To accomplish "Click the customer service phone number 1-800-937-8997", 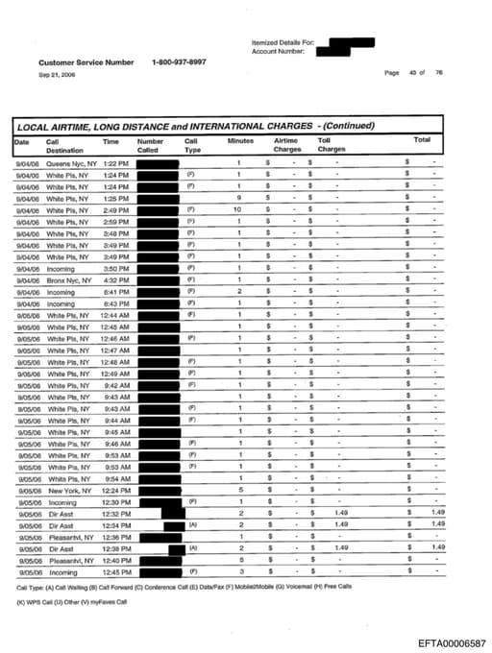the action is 178,62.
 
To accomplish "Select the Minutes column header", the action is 240,141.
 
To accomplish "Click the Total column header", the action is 422,141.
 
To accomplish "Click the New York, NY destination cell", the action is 67,490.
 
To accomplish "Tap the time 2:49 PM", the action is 115,209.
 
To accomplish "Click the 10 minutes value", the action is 236,209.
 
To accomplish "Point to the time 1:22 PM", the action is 115,163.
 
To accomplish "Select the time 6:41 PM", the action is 115,292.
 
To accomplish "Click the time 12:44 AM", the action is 115,315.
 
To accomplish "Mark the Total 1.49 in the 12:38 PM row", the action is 437,547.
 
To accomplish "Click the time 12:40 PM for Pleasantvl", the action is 116,559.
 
